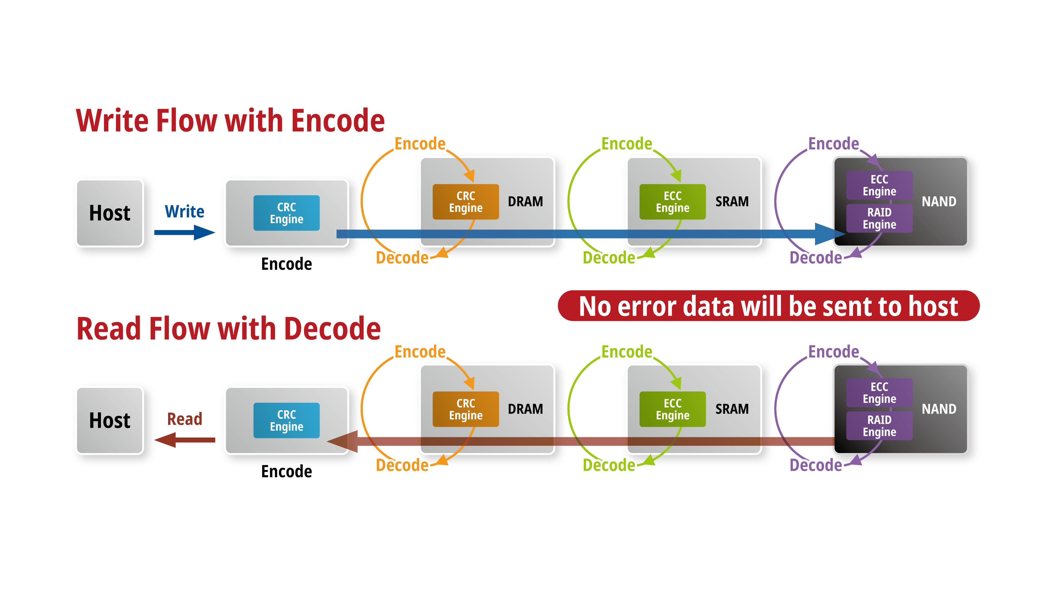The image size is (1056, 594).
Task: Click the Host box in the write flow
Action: [109, 213]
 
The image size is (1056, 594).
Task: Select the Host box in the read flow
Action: [109, 420]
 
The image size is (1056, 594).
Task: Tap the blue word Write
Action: [185, 211]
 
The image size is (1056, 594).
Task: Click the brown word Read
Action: [185, 419]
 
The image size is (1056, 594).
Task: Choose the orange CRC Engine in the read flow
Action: [466, 409]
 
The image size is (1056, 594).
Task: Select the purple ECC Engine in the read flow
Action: [879, 393]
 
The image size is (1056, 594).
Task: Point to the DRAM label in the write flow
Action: [525, 202]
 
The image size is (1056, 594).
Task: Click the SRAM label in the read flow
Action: [732, 409]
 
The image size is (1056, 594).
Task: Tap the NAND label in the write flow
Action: [939, 202]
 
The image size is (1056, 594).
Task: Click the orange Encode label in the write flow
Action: [420, 144]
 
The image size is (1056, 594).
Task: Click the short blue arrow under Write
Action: [185, 232]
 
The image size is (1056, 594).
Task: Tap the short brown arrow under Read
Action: [185, 440]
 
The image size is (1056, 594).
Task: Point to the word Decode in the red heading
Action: [333, 329]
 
